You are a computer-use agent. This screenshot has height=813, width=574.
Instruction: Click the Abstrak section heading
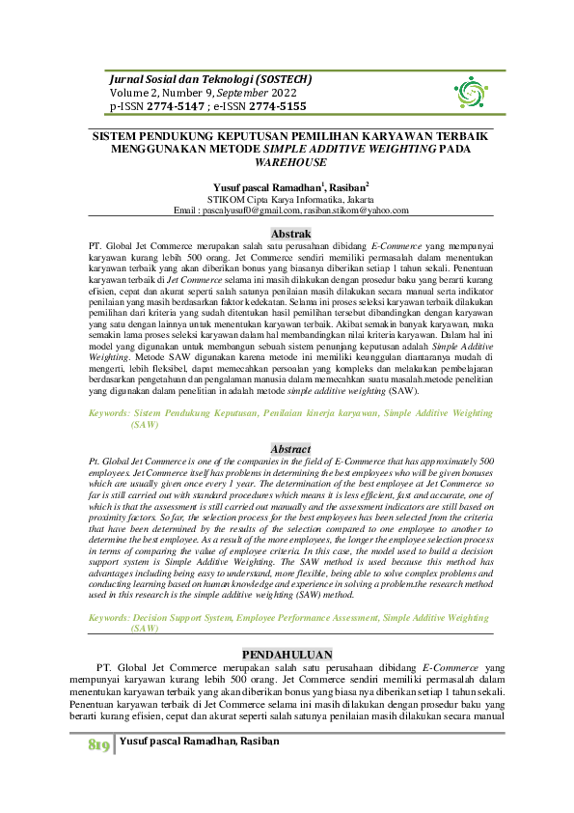[290, 234]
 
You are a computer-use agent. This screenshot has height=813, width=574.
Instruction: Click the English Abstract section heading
[290, 449]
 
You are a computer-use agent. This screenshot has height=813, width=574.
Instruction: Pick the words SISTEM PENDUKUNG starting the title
[154, 138]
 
